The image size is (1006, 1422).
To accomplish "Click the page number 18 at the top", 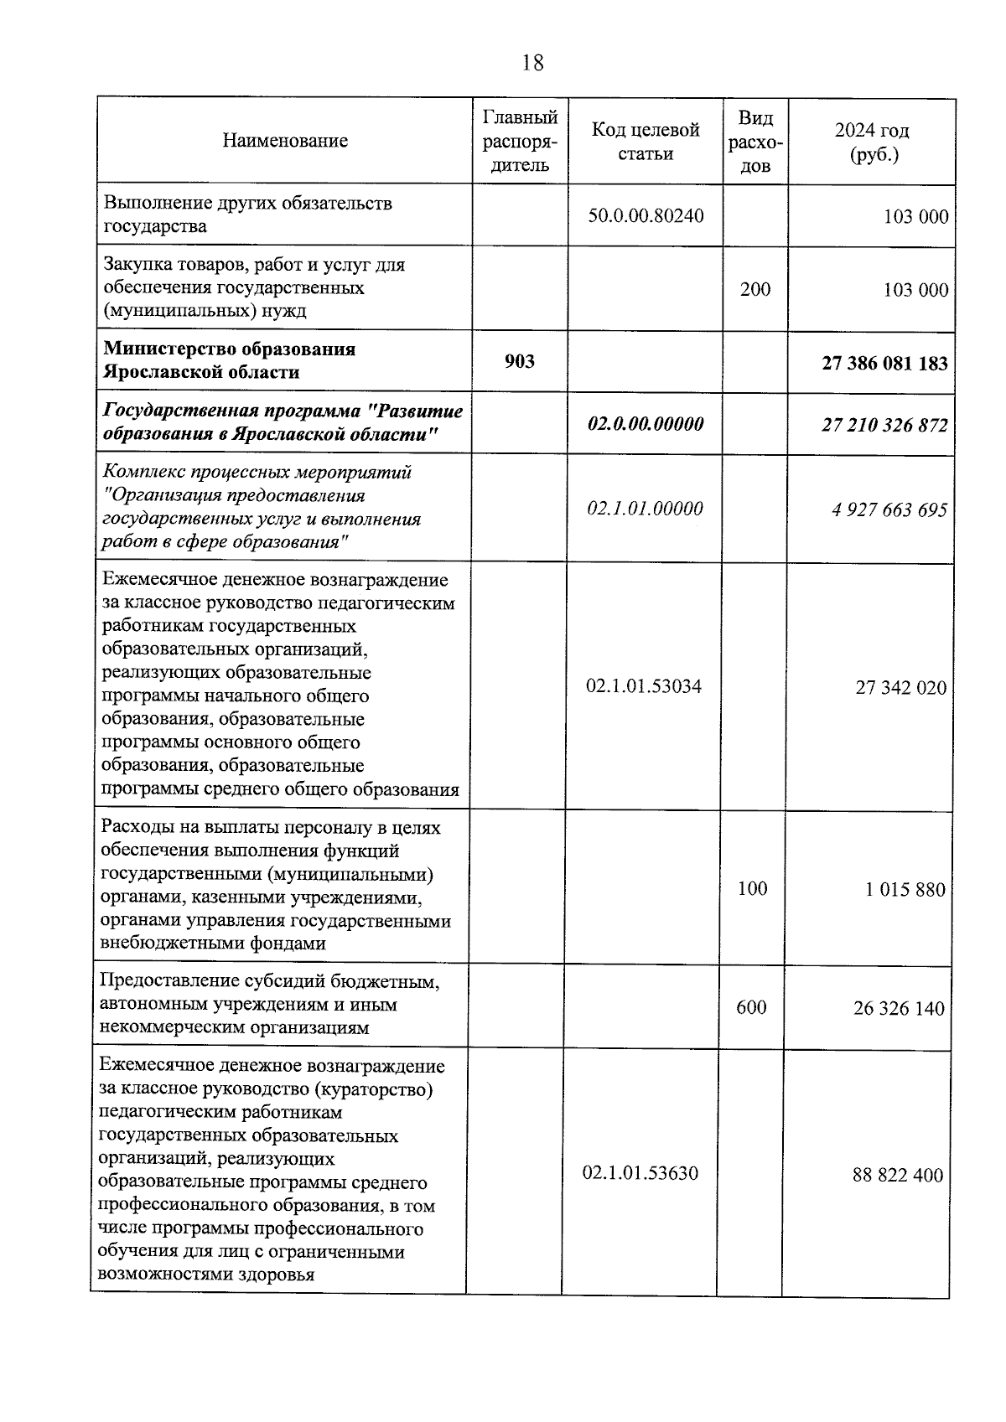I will [532, 63].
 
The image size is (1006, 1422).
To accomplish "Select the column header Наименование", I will [285, 141].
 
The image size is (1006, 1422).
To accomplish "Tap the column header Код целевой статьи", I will [646, 142].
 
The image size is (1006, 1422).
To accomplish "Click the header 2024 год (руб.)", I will [872, 142].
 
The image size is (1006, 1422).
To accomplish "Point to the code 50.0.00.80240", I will [646, 215].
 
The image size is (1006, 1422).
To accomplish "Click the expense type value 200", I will [755, 289].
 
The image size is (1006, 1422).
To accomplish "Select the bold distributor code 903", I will [520, 361].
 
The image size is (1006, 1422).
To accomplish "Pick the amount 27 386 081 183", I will [884, 364].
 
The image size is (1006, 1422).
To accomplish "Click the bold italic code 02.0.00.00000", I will [646, 424].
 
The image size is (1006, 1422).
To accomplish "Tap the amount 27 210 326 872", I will [884, 426].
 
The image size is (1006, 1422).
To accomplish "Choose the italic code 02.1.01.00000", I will [645, 509].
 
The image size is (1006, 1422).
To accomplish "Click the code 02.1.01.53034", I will [644, 687].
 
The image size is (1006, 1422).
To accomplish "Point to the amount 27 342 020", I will [900, 689].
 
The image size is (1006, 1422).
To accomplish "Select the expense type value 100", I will [752, 889].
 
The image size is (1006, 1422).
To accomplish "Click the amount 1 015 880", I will [905, 890].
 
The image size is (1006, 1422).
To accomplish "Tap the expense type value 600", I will [751, 1007].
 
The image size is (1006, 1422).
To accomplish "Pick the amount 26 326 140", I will [899, 1009].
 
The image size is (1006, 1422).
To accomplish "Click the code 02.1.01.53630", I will [640, 1173].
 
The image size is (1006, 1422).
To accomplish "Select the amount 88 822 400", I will [898, 1176].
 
